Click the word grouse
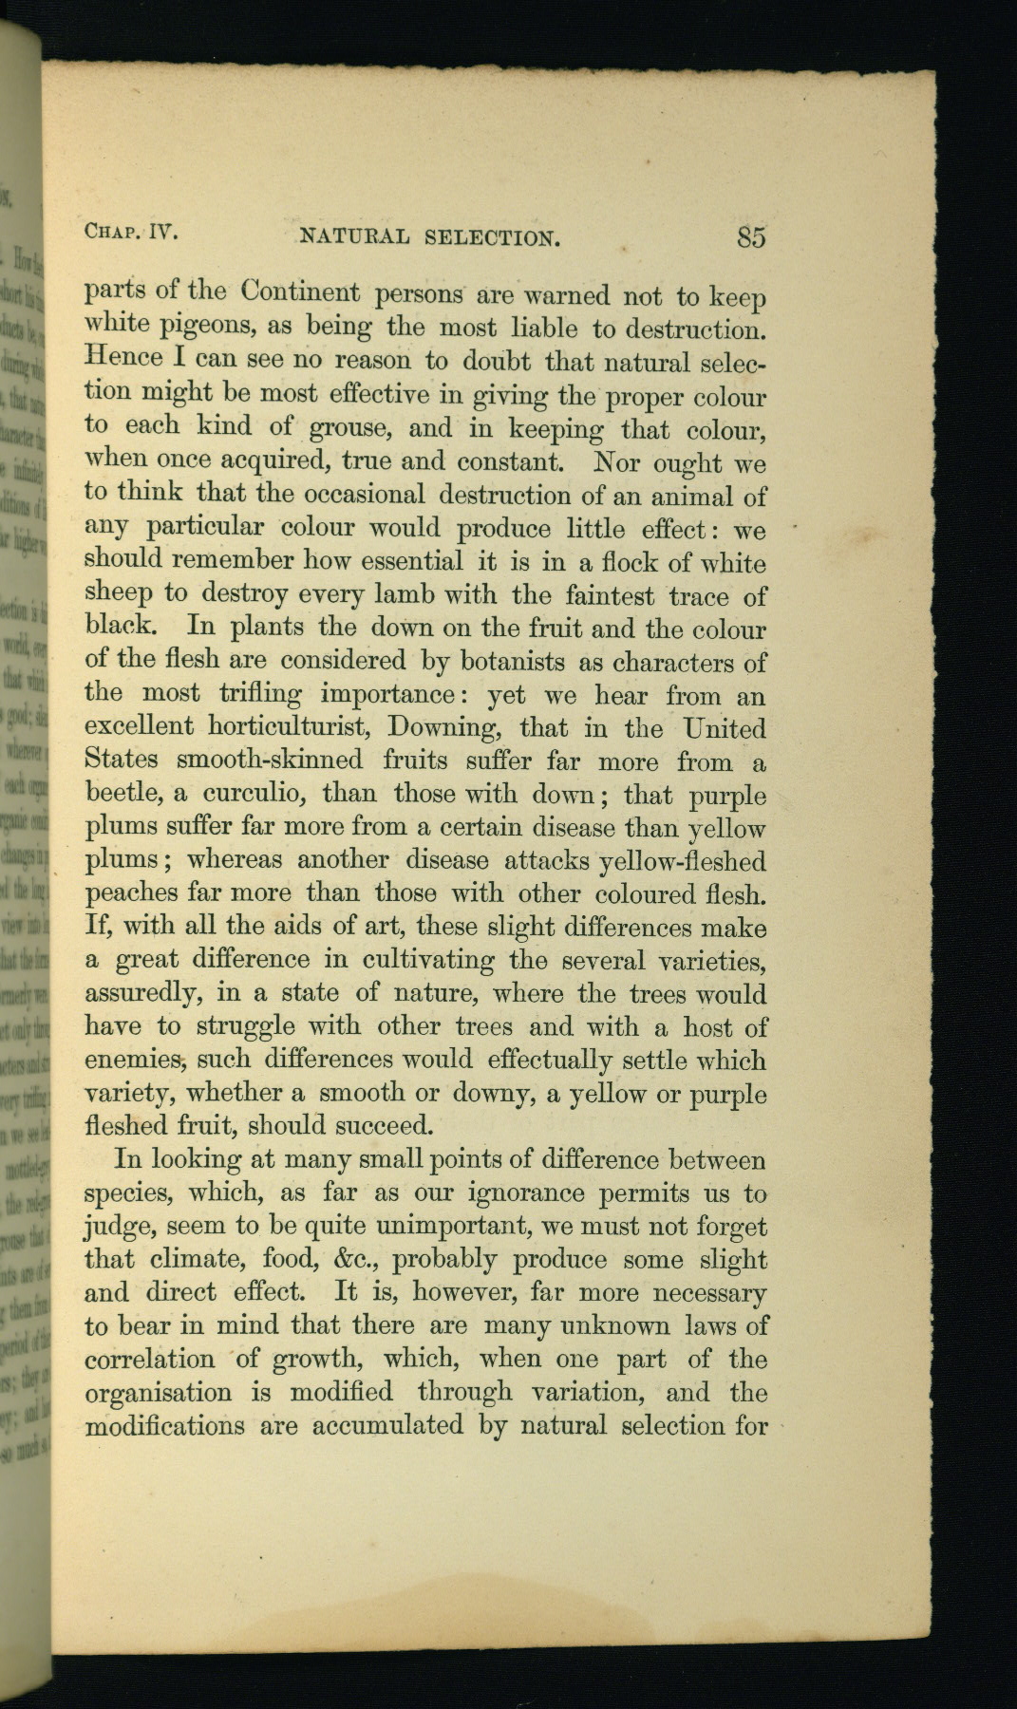(x=347, y=429)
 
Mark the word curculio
(x=251, y=793)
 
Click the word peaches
(x=131, y=894)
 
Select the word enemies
(x=131, y=1060)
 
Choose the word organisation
(x=158, y=1393)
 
